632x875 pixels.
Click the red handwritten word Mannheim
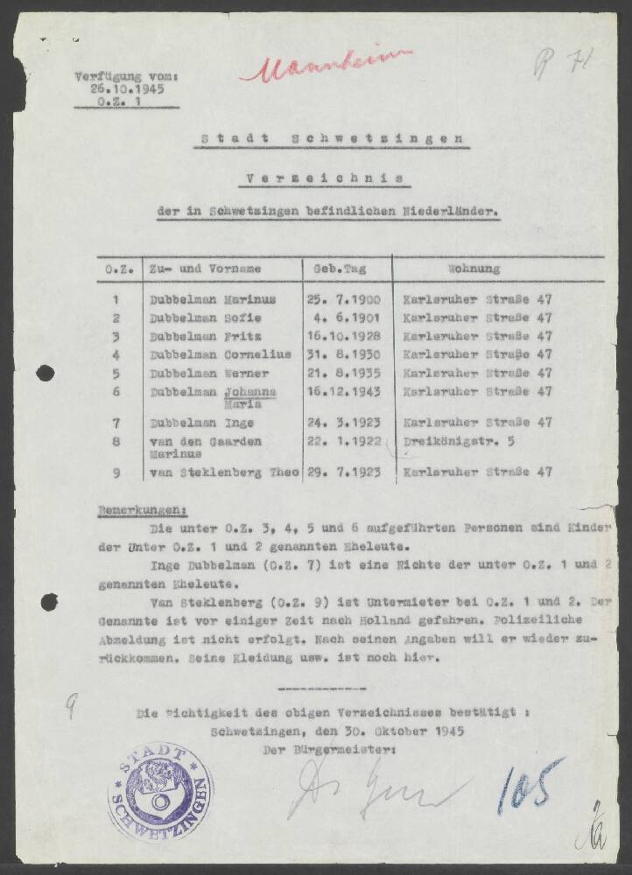click(326, 66)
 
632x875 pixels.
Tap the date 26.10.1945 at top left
click(127, 88)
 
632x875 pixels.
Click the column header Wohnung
click(474, 269)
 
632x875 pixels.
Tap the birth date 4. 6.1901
click(346, 317)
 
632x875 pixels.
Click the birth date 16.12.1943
click(346, 391)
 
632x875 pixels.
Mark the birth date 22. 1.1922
click(346, 441)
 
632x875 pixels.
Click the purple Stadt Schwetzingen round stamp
click(160, 791)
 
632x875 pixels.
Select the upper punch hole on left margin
click(45, 373)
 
